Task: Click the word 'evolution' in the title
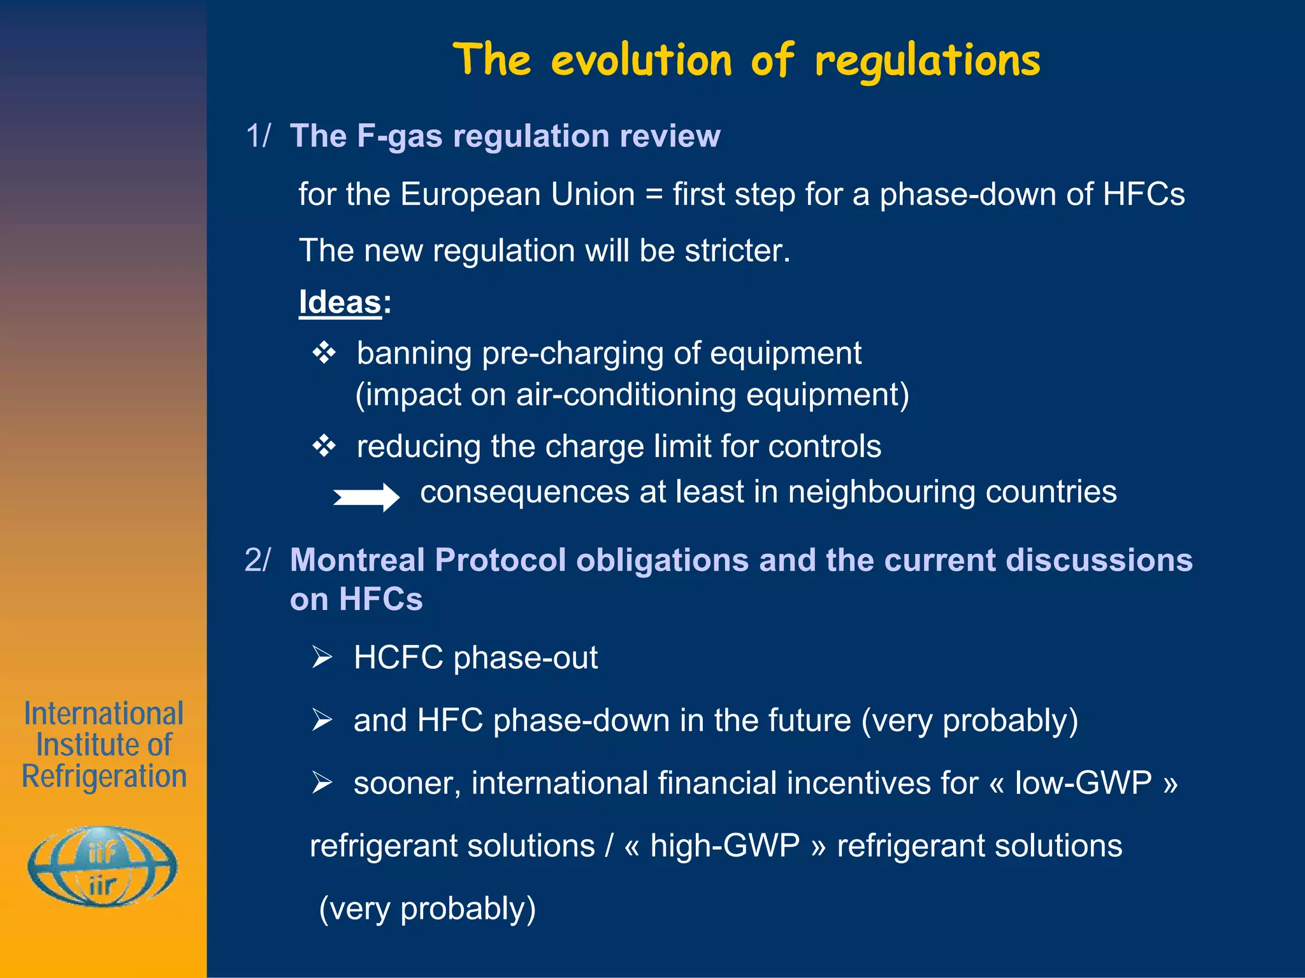click(x=641, y=61)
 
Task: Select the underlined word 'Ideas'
click(x=340, y=302)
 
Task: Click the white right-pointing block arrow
click(x=366, y=497)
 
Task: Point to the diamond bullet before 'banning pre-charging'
click(x=324, y=353)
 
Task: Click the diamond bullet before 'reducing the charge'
click(x=324, y=446)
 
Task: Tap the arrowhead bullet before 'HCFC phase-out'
click(x=322, y=656)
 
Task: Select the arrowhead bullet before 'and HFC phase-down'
click(x=322, y=719)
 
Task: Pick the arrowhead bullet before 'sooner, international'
click(x=322, y=782)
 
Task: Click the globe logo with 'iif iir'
click(x=103, y=867)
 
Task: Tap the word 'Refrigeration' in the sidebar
click(x=105, y=776)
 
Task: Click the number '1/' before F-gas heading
click(x=258, y=136)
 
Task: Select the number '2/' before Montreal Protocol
click(x=257, y=560)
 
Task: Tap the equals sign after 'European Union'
click(x=654, y=194)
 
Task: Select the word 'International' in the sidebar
click(x=104, y=714)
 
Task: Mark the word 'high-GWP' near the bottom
click(x=725, y=846)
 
